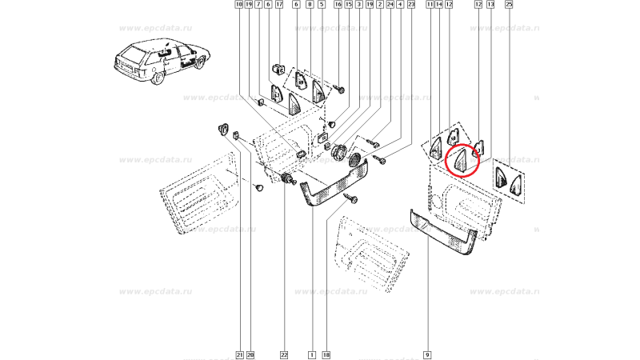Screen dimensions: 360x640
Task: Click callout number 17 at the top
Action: click(x=279, y=5)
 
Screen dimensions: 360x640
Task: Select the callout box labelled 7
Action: click(x=258, y=5)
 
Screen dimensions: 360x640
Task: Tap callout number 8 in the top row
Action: click(x=310, y=5)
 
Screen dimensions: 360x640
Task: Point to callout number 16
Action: click(x=338, y=5)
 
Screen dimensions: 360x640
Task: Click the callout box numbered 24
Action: click(x=390, y=5)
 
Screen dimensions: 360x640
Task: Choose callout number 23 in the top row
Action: click(x=411, y=5)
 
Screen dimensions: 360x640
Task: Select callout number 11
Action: click(x=430, y=5)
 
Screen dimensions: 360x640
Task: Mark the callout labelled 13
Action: click(x=491, y=5)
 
